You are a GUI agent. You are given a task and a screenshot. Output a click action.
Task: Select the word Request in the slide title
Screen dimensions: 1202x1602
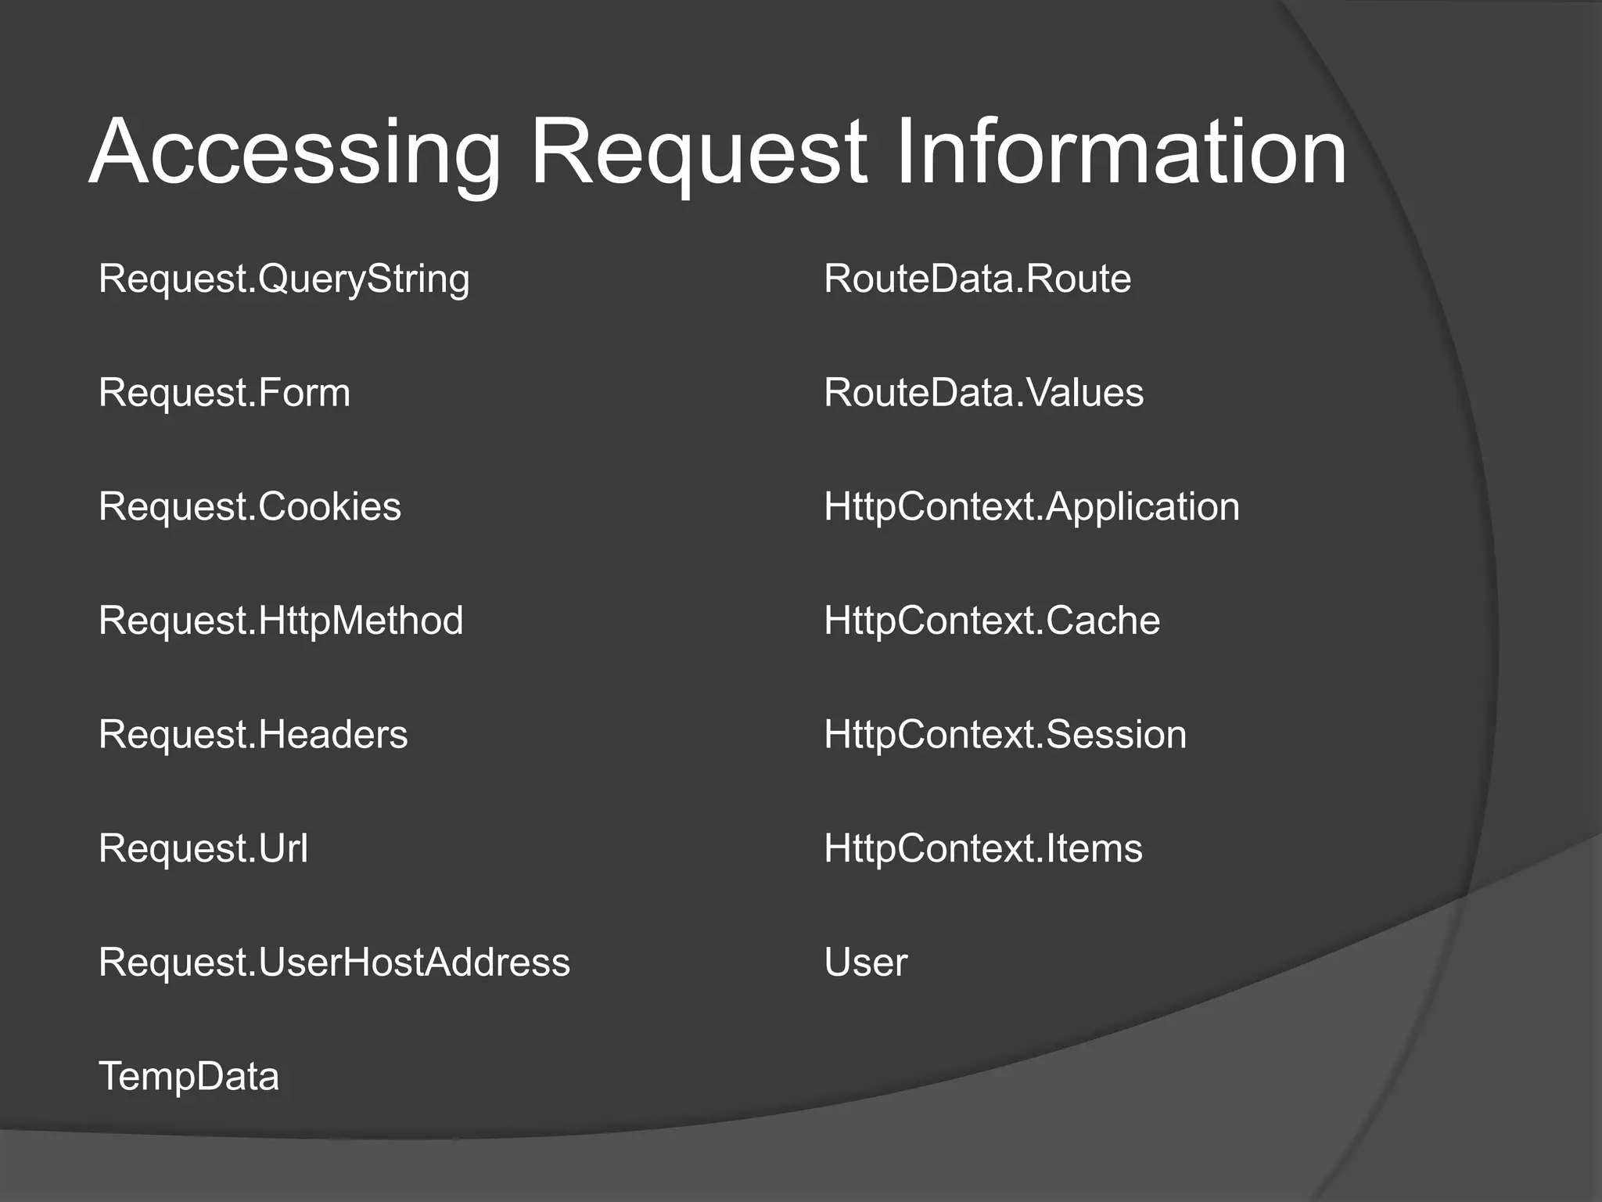[699, 152]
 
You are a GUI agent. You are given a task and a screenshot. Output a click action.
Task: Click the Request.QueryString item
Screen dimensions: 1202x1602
[284, 279]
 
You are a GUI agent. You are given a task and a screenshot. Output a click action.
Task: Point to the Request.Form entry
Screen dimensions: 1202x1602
[224, 393]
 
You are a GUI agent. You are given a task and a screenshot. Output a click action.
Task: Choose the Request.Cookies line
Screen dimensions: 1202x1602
[250, 507]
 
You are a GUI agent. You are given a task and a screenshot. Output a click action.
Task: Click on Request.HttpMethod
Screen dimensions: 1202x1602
[281, 621]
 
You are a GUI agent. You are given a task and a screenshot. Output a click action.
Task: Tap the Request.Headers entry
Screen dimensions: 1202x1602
[253, 735]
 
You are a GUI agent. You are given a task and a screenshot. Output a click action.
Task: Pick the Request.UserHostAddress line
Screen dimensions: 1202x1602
[334, 963]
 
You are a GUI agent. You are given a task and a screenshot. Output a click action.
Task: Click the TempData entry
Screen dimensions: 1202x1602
[189, 1077]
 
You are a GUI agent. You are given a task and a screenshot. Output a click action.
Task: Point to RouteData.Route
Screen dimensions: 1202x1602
[977, 279]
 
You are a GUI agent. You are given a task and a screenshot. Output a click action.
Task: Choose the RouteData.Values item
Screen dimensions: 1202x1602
[983, 393]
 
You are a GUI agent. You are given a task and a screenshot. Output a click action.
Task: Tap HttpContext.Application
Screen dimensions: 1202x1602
[1031, 507]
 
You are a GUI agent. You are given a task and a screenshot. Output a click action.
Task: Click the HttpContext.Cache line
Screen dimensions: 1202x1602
[991, 621]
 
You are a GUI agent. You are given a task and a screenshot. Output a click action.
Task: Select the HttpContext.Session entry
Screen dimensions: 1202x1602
[1004, 735]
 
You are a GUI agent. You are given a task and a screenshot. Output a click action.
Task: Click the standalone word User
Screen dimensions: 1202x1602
[865, 963]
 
